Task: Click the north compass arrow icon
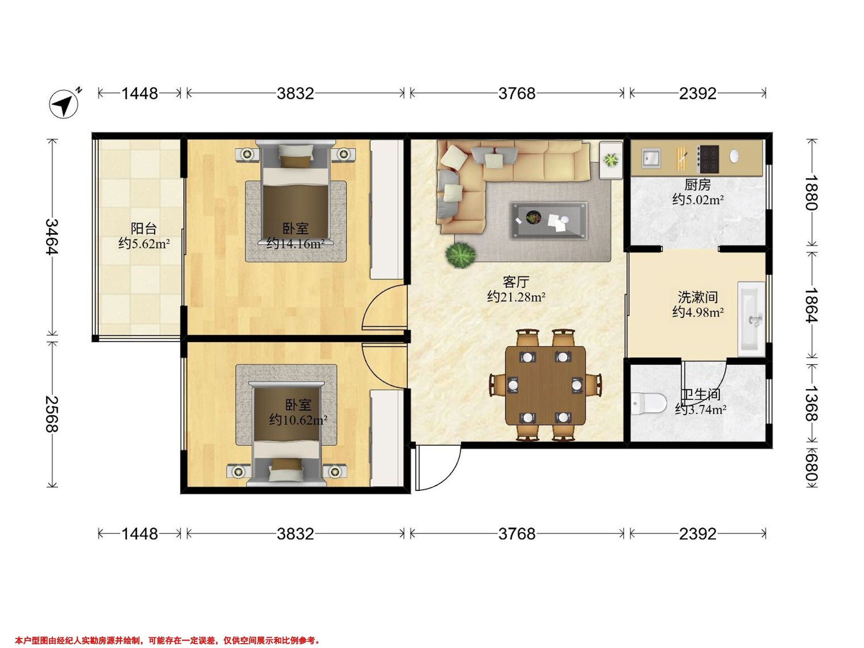(x=64, y=104)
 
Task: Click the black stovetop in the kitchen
(x=708, y=159)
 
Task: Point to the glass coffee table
(x=548, y=220)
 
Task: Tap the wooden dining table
(x=546, y=386)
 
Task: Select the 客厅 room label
(x=516, y=282)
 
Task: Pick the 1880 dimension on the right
(x=810, y=192)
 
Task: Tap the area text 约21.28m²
(x=516, y=297)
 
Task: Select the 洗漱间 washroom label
(x=698, y=297)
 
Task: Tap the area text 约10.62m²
(x=298, y=420)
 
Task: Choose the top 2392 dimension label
(x=698, y=93)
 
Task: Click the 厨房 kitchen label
(x=697, y=184)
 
